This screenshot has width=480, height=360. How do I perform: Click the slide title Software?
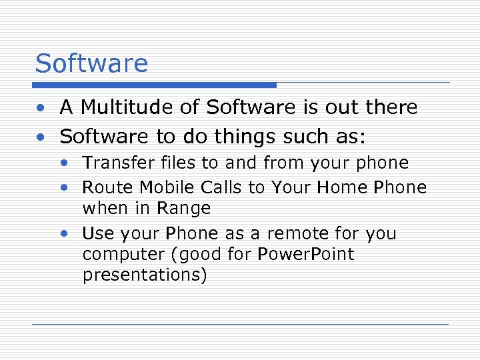click(91, 64)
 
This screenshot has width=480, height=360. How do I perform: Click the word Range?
click(184, 208)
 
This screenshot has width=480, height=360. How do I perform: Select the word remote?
click(299, 233)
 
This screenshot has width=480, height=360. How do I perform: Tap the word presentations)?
click(145, 275)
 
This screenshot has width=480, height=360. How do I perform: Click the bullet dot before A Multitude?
click(41, 108)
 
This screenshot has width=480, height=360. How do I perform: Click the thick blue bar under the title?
click(155, 85)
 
